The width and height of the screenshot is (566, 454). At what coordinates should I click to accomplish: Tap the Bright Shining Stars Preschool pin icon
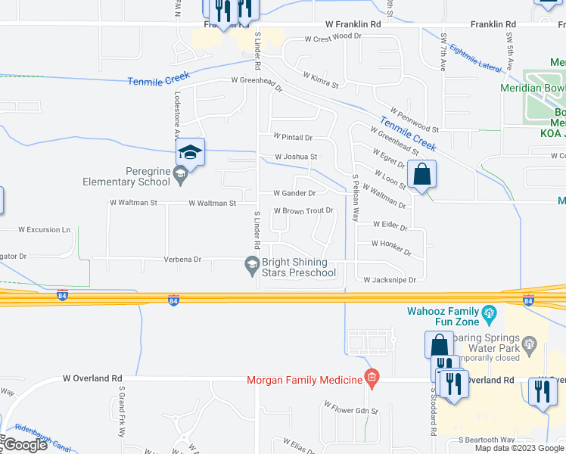252,264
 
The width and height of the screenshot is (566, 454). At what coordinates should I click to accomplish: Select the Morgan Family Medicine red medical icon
371,377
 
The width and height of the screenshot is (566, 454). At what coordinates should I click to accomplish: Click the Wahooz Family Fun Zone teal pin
489,312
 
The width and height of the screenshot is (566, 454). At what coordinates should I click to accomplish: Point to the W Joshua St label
296,157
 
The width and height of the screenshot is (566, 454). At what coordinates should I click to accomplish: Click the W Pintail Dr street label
294,138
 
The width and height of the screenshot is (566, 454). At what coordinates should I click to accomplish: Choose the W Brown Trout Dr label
303,211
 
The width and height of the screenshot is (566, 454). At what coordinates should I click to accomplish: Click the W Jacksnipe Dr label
390,280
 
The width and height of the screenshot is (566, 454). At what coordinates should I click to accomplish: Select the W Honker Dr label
390,244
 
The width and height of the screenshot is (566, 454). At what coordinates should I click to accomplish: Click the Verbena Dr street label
182,260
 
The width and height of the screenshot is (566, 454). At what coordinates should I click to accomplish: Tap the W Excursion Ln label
44,229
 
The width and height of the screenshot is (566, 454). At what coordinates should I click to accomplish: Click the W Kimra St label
320,76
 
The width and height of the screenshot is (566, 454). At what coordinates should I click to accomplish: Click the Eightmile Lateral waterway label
475,58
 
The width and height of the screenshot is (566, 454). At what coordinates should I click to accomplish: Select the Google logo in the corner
25,445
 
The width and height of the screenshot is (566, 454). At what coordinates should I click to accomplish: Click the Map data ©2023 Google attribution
520,448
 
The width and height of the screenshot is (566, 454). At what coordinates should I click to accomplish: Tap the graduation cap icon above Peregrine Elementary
191,154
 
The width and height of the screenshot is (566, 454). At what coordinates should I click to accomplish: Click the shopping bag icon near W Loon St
421,173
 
